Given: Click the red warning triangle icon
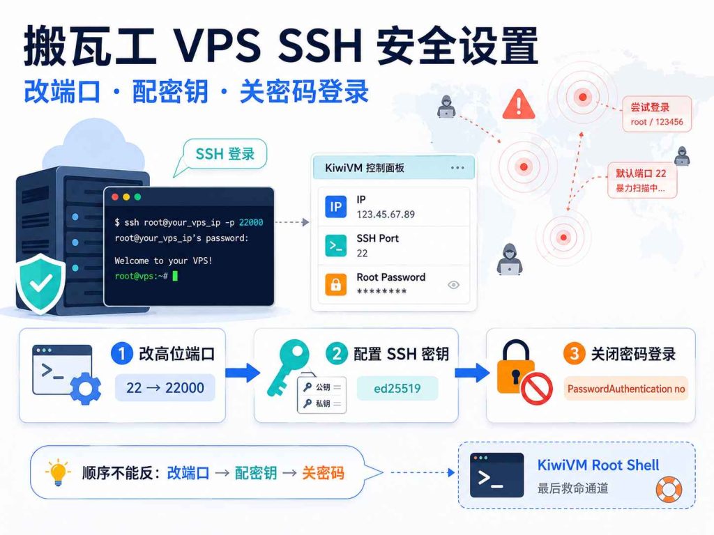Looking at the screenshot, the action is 519,104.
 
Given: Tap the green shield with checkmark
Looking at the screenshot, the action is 40,284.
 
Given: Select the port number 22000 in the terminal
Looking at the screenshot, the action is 251,222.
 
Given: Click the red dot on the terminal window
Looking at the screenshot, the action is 115,197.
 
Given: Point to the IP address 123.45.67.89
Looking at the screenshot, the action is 386,215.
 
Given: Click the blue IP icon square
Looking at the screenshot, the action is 335,207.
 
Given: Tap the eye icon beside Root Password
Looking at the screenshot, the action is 453,285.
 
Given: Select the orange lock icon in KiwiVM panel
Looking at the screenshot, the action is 335,285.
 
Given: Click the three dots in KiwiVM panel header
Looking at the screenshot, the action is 457,168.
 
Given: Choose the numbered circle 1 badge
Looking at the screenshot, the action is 121,353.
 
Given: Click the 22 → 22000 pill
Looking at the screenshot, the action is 165,387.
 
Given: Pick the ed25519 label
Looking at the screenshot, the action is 397,389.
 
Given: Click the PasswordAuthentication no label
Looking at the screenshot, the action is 625,389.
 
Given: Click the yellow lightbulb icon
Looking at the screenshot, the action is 58,473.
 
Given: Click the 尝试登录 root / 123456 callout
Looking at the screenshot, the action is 657,114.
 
